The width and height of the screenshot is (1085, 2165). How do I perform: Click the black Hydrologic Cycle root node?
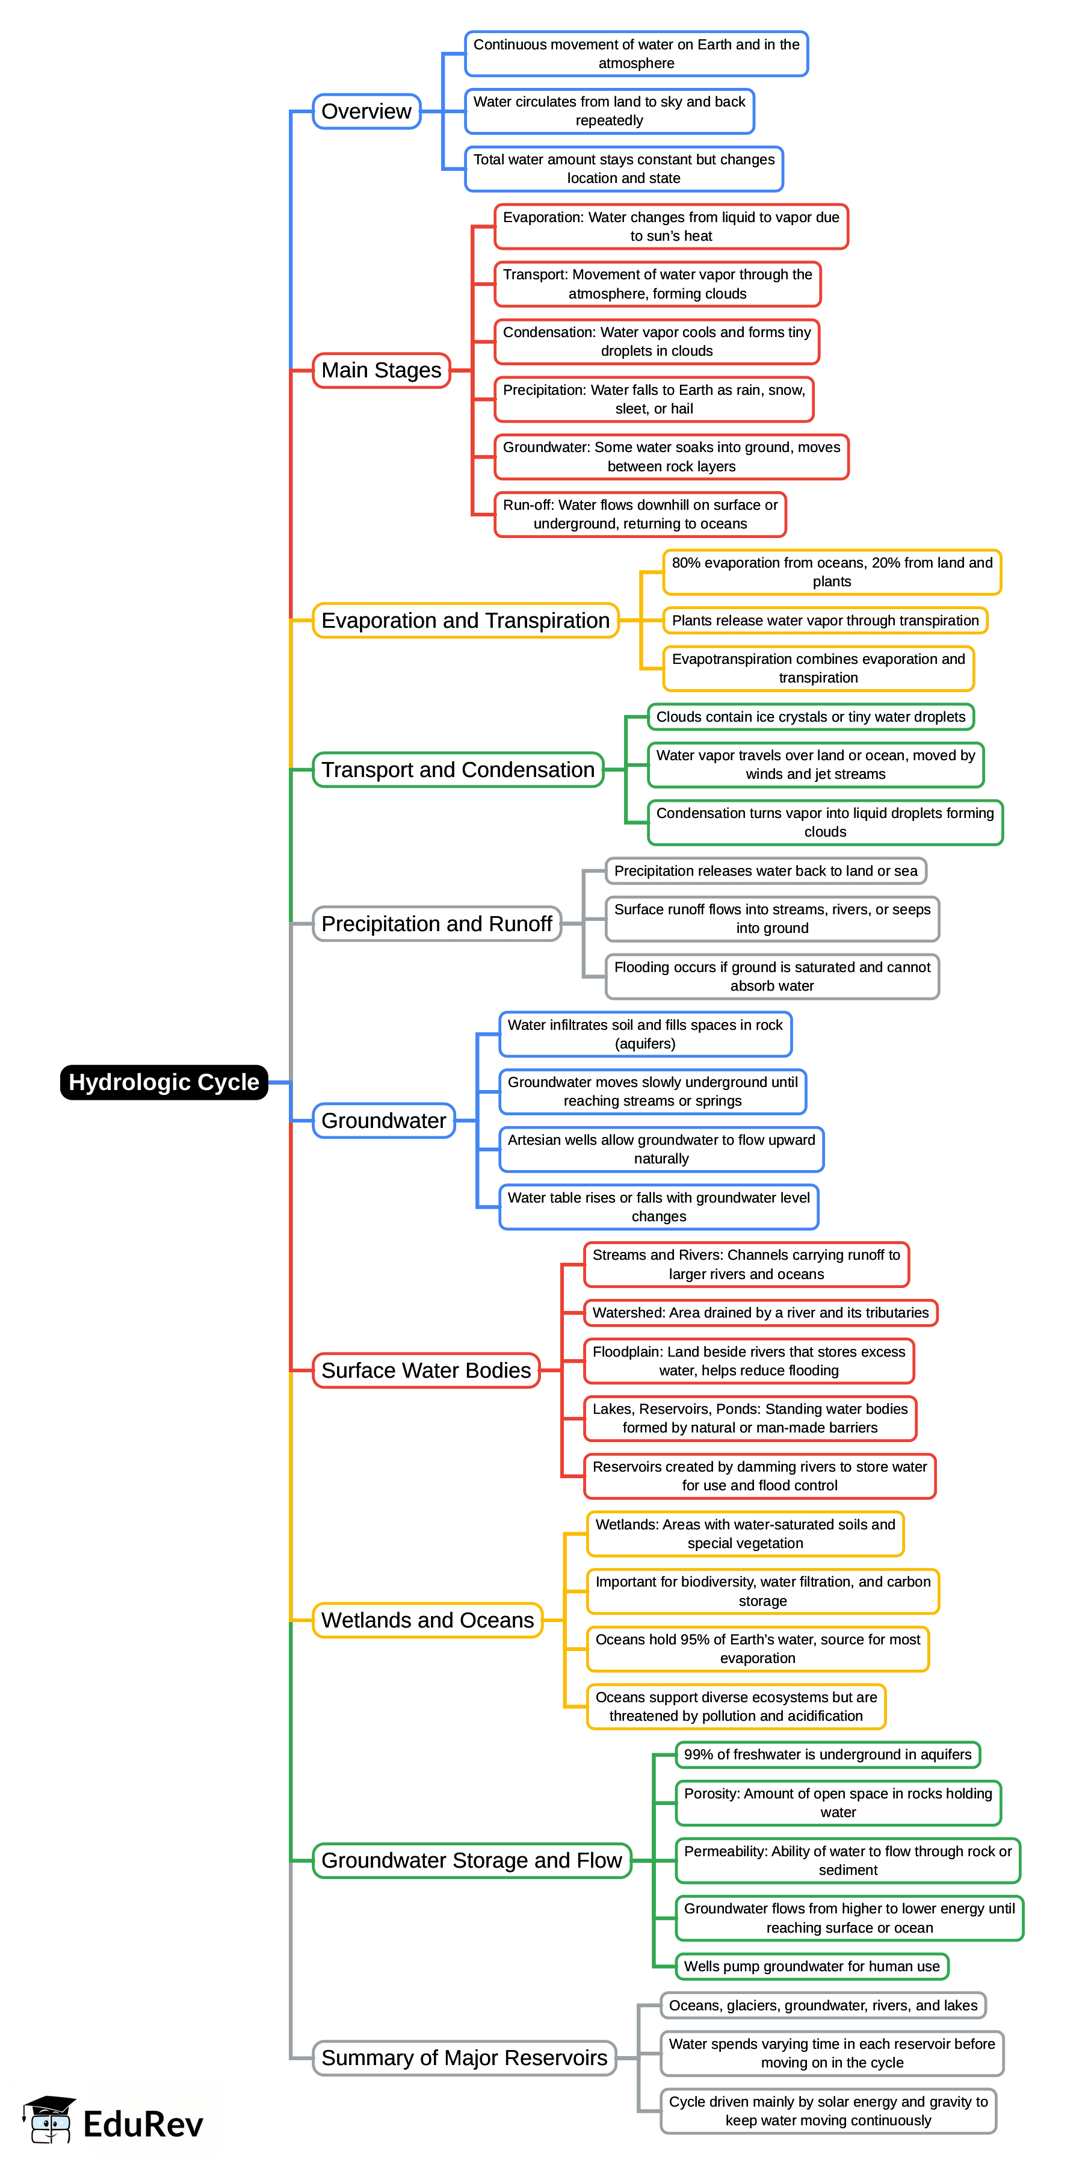coord(164,1082)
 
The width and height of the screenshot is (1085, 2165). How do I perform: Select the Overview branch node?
coord(366,111)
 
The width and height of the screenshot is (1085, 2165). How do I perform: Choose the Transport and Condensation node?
coord(458,769)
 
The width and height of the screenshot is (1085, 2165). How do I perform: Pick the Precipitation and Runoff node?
coord(436,924)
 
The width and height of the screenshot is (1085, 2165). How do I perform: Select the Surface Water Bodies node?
coord(426,1370)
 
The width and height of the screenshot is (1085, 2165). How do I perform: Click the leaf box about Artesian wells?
coord(661,1149)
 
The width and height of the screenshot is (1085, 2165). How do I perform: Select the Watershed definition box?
coord(760,1312)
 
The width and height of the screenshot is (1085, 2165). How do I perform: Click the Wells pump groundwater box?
coord(811,1966)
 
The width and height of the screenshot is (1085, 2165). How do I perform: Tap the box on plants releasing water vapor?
coord(824,621)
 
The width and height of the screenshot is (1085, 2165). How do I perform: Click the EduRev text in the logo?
coord(143,2124)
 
